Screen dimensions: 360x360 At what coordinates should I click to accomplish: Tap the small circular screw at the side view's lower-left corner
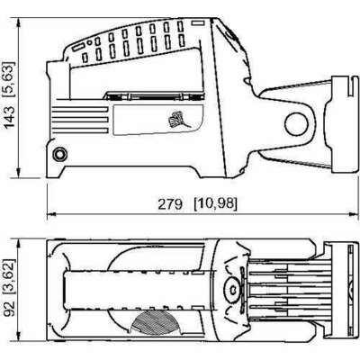coord(61,154)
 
